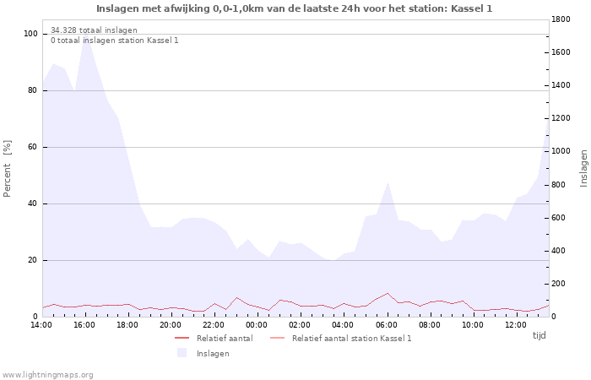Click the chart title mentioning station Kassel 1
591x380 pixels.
click(295, 8)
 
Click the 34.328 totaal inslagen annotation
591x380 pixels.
click(94, 30)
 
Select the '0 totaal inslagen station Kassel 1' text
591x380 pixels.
click(114, 41)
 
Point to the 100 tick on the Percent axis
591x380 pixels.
click(31, 34)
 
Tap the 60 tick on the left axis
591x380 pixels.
click(33, 147)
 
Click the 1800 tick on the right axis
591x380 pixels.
click(563, 19)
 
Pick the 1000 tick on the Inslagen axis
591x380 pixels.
click(563, 152)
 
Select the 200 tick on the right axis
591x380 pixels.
click(561, 284)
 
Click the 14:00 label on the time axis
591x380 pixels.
click(41, 325)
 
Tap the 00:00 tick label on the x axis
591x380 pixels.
click(257, 325)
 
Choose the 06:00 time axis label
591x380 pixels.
click(386, 325)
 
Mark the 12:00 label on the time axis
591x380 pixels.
click(515, 325)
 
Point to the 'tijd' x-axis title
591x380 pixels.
click(539, 335)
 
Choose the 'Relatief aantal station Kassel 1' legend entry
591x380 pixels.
click(351, 338)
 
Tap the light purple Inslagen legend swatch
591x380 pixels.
click(182, 353)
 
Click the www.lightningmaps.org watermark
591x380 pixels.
click(47, 374)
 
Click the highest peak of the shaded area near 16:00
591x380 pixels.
click(84, 35)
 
